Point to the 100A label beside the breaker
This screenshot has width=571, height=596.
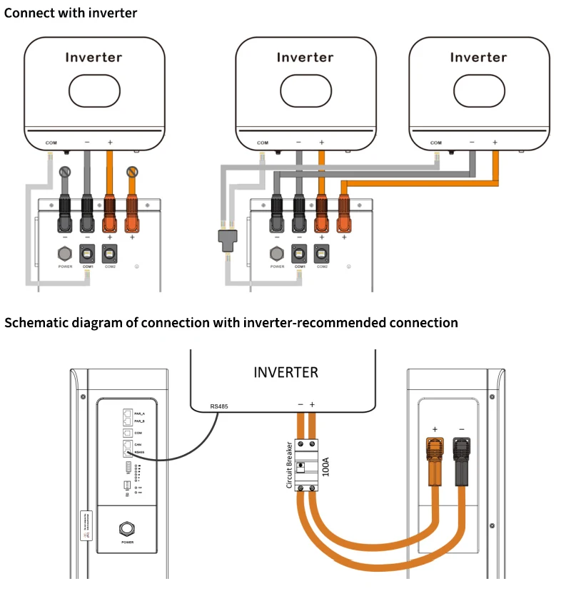[x=326, y=467]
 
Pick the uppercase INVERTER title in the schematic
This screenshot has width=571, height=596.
[x=285, y=372]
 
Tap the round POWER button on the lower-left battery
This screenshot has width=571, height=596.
[x=126, y=528]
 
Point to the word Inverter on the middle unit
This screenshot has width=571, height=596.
[x=305, y=58]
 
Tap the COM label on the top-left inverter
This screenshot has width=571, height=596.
[x=51, y=143]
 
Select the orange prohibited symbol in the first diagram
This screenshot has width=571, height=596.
[x=131, y=172]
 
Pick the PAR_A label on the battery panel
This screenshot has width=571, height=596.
[x=139, y=413]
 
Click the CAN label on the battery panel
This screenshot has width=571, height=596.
[x=138, y=443]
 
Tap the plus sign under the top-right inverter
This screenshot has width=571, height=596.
[x=495, y=143]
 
